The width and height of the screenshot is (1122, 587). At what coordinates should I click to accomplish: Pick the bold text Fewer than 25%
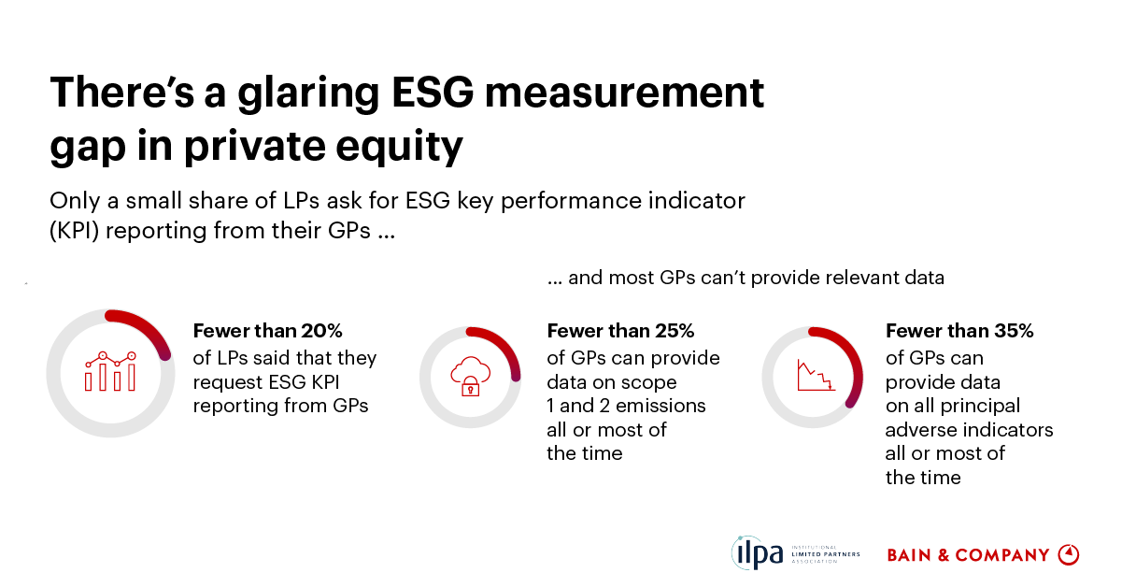point(620,331)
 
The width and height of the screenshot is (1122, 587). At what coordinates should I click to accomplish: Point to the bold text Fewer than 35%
point(959,331)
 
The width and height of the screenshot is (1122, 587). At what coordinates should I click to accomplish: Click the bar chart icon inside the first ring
point(110,372)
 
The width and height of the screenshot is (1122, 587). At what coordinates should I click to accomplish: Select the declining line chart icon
point(814,376)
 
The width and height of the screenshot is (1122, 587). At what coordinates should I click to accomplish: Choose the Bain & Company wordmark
point(968,555)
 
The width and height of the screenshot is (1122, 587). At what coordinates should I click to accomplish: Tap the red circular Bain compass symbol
point(1068,554)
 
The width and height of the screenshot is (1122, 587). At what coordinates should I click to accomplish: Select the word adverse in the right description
point(920,430)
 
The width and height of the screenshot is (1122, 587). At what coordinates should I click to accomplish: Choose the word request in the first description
point(224,381)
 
